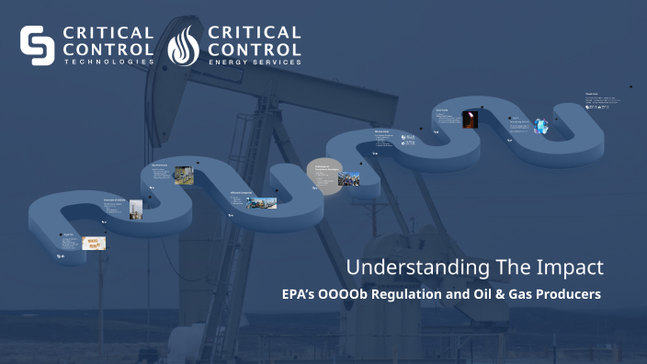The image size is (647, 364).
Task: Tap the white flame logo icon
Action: click(184, 46)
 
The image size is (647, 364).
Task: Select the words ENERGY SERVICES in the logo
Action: click(255, 62)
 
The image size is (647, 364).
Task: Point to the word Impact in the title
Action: click(572, 267)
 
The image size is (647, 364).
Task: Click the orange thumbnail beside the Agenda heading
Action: click(94, 244)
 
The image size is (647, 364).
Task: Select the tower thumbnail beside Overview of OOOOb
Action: click(135, 209)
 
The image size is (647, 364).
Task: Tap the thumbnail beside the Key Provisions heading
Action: click(184, 174)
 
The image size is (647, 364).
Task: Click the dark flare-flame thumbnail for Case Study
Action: click(470, 119)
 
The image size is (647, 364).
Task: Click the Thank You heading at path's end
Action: click(592, 94)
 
